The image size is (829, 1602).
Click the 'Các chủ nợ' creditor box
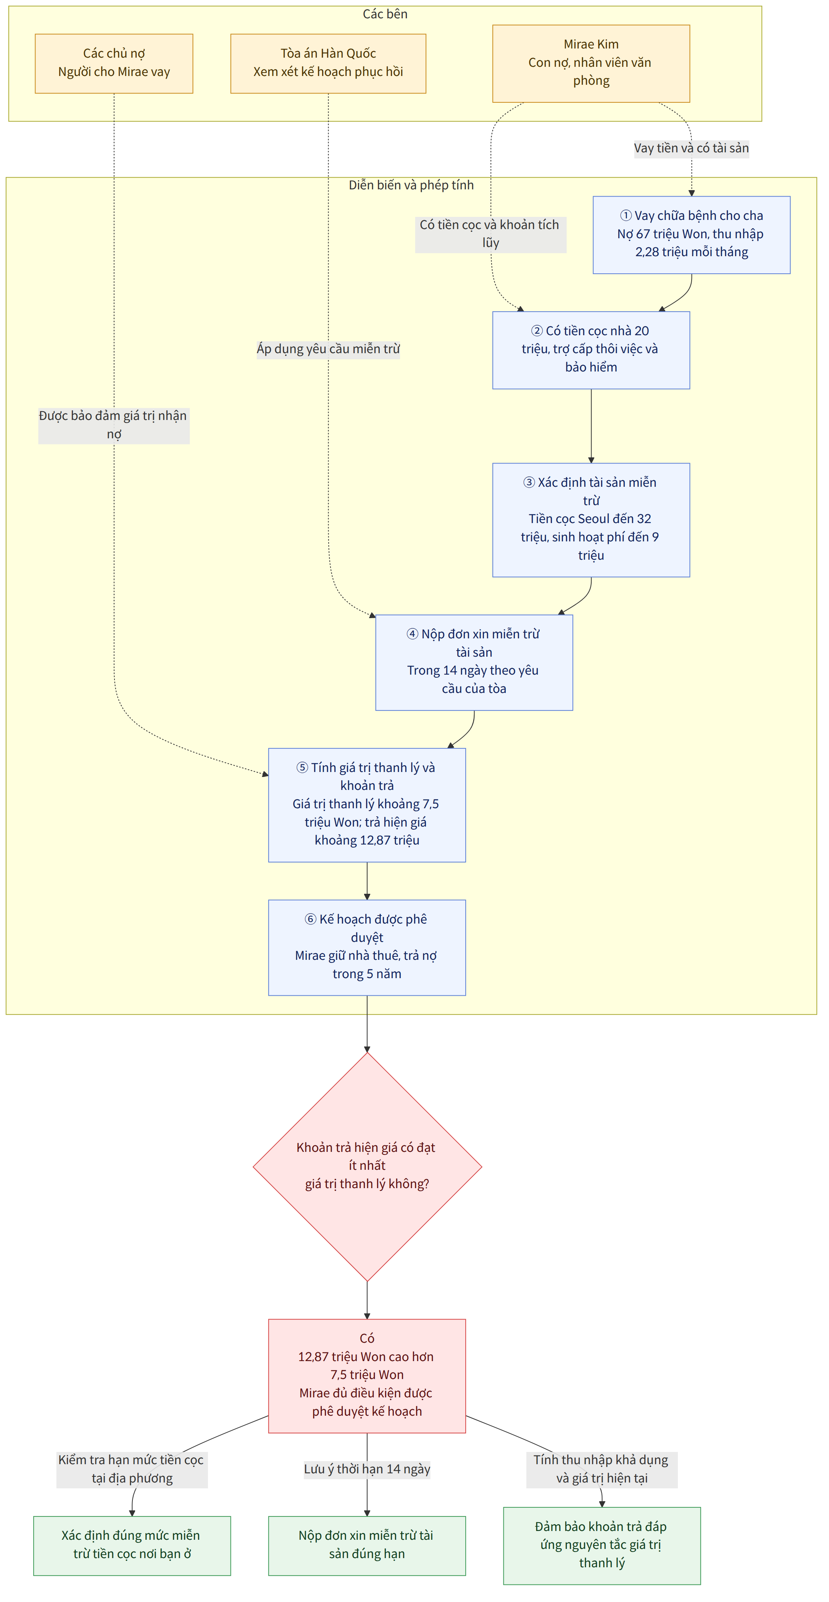[114, 63]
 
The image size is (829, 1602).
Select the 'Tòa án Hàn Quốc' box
[328, 63]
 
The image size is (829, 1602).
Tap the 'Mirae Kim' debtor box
[591, 63]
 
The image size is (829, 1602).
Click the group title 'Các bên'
[385, 14]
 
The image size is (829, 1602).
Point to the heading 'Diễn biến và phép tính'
[411, 185]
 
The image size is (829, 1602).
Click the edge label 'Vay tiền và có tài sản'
[692, 148]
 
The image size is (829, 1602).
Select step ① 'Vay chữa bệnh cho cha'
[692, 235]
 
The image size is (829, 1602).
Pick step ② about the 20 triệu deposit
[591, 350]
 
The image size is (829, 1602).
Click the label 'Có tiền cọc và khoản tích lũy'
[491, 234]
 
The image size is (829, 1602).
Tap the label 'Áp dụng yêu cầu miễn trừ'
[328, 349]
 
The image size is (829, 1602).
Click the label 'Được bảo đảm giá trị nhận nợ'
[114, 425]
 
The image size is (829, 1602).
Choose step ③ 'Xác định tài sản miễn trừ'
[591, 520]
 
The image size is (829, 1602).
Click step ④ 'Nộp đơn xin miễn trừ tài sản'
[474, 662]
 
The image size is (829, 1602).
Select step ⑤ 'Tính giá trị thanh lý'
[367, 805]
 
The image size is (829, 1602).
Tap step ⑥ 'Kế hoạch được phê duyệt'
[367, 947]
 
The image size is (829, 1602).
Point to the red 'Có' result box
[367, 1376]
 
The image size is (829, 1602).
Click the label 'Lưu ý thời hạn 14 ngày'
[367, 1469]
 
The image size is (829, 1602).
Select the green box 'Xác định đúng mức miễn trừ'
[132, 1545]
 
